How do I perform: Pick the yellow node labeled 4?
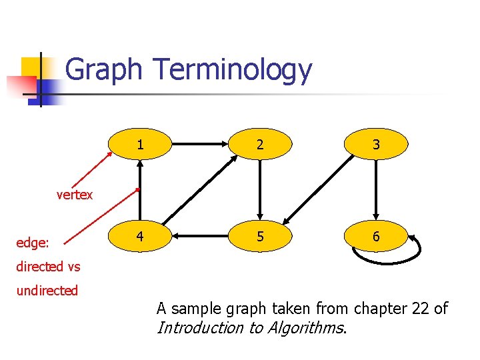(140, 237)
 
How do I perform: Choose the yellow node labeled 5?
(259, 237)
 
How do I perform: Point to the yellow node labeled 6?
(377, 237)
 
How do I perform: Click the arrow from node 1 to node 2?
(199, 143)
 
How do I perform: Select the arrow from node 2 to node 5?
(259, 190)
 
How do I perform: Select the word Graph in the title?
(104, 70)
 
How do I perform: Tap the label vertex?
(75, 195)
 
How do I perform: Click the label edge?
(33, 243)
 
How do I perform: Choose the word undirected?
(47, 291)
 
